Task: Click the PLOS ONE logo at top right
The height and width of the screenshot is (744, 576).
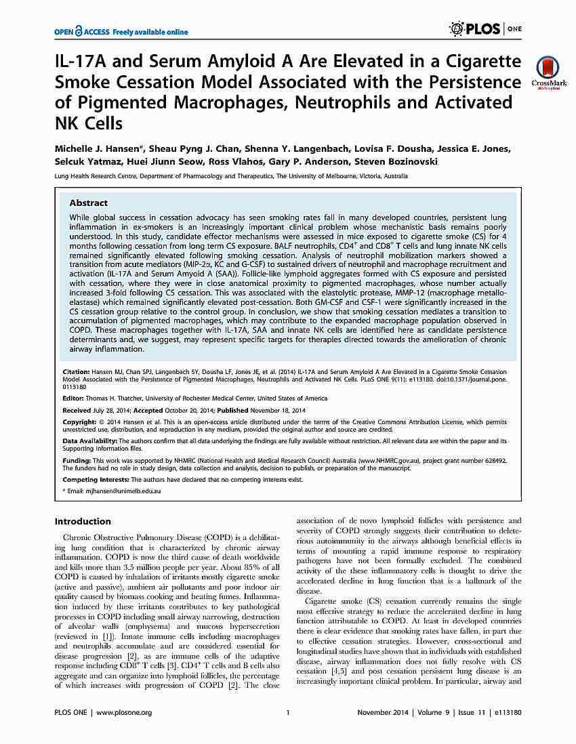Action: click(x=485, y=29)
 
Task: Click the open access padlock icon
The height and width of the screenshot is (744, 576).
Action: click(x=79, y=31)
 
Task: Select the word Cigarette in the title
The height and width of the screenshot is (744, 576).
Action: click(x=484, y=62)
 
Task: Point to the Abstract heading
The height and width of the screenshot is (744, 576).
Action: click(x=89, y=203)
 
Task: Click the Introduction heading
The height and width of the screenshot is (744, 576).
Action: click(x=83, y=521)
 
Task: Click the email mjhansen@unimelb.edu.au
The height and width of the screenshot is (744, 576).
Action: click(x=111, y=489)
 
